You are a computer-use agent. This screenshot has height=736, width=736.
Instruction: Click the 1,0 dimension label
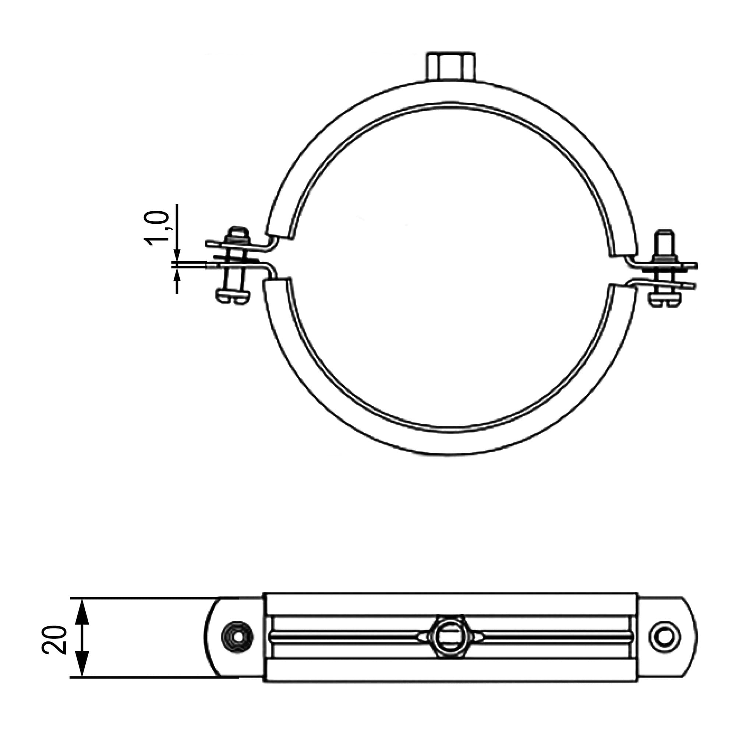click(156, 228)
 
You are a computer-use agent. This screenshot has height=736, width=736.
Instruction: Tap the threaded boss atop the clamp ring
click(451, 67)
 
